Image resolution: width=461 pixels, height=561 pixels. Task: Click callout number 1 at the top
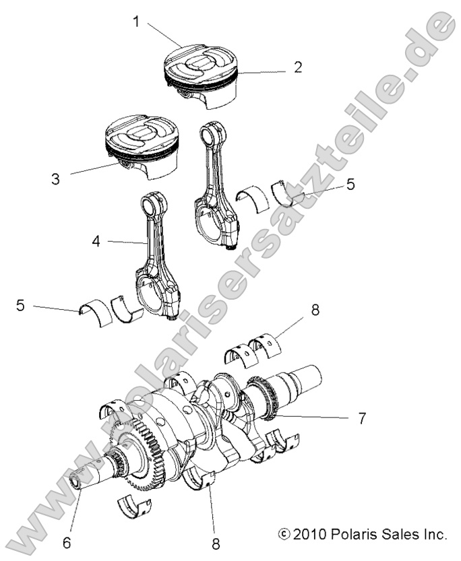coord(136,22)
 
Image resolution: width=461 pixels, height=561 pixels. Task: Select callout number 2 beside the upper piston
coord(297,67)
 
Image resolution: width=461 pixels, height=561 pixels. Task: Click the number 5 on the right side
coord(350,184)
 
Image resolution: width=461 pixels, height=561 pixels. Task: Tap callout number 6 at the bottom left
coord(66,542)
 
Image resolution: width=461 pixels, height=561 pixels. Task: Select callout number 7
coord(362,418)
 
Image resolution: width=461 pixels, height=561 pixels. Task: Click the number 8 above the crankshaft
coord(315,310)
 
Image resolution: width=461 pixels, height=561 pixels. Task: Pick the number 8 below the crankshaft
coord(215,542)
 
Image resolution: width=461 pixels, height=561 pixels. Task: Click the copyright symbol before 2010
coord(284,535)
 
